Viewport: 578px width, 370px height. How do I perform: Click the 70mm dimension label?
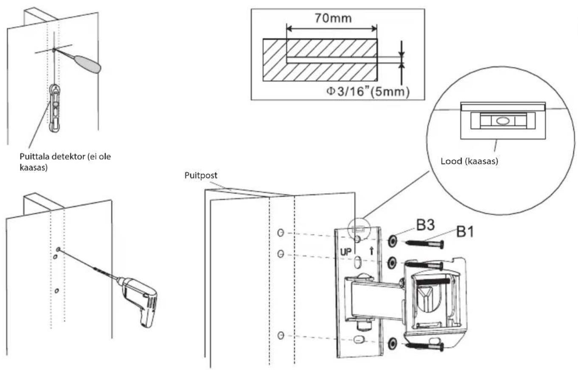click(333, 18)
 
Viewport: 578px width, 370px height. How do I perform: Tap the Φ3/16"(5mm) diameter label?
click(368, 92)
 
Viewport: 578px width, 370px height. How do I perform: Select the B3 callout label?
click(426, 225)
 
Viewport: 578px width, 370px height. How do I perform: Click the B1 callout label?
click(465, 231)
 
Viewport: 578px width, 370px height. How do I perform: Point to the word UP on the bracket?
click(346, 252)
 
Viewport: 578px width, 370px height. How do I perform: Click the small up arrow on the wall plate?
click(372, 251)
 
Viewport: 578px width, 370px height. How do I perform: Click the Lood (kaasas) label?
click(469, 161)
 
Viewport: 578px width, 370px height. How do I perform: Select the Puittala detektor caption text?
click(65, 162)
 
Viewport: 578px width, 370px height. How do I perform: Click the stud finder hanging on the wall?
click(55, 108)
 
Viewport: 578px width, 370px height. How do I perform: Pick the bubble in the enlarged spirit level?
click(502, 121)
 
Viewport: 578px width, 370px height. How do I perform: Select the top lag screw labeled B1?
click(425, 244)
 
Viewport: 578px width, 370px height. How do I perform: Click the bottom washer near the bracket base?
click(392, 344)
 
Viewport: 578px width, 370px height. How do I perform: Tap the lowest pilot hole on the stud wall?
click(281, 336)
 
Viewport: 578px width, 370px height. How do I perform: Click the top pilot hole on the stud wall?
click(281, 233)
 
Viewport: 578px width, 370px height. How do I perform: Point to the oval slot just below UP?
click(358, 262)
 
